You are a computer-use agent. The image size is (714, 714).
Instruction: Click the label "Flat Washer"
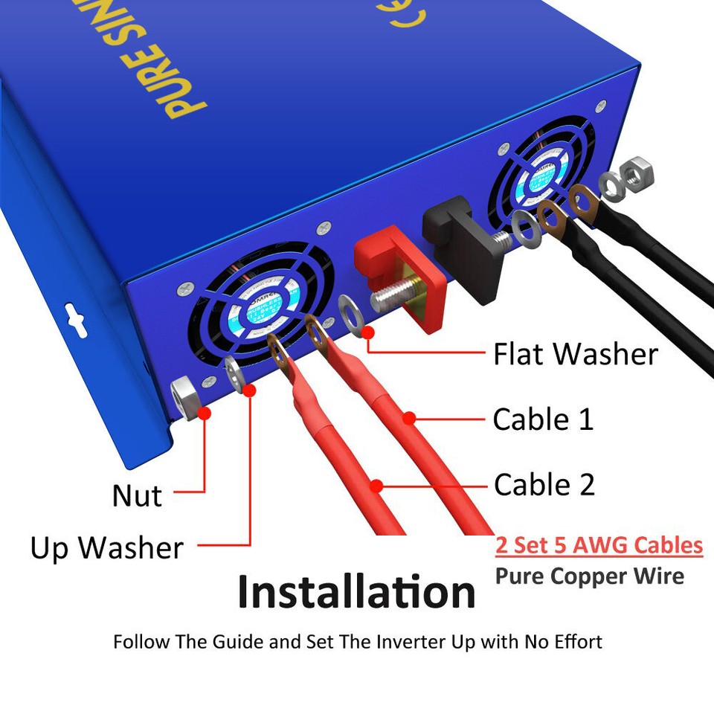click(x=576, y=354)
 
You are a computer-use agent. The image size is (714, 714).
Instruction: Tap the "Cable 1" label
click(x=543, y=419)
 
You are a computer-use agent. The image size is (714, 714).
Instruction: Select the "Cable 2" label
click(x=544, y=485)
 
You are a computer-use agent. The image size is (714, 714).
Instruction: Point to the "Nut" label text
click(x=137, y=495)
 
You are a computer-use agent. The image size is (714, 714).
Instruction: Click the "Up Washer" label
click(x=106, y=548)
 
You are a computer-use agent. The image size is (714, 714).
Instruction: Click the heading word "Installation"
click(x=356, y=592)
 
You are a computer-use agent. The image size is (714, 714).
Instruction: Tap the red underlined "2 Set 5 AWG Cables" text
click(x=599, y=545)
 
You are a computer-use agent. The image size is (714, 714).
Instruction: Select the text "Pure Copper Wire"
click(x=590, y=576)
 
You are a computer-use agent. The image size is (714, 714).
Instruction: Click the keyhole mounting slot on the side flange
click(x=73, y=317)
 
